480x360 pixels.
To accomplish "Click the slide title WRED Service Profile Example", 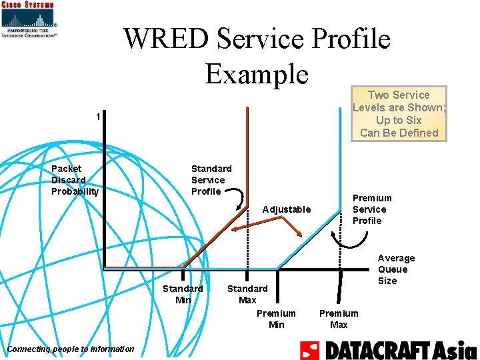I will tap(257, 56).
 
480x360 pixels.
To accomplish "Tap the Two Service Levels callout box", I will tap(399, 113).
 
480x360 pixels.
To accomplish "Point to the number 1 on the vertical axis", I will tap(98, 117).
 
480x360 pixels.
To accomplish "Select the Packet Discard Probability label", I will tap(75, 180).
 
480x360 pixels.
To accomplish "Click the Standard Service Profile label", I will tap(211, 180).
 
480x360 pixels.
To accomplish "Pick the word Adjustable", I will tap(287, 209).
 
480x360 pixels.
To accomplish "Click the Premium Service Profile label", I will tap(372, 209).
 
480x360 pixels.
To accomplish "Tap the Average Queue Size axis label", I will tap(396, 269).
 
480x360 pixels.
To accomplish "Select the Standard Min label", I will tap(183, 294).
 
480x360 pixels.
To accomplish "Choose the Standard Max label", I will tap(247, 294).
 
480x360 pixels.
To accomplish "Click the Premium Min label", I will tap(276, 319).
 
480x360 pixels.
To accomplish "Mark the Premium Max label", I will tap(339, 319).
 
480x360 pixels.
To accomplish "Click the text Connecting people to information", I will tap(71, 349).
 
